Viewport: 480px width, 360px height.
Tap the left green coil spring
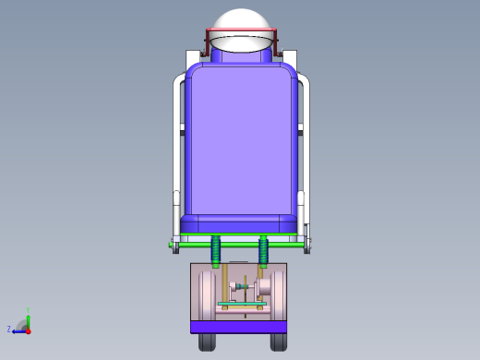217,250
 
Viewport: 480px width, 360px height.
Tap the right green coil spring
264,250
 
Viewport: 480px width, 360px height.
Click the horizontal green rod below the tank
240,245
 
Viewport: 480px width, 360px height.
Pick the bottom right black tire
278,342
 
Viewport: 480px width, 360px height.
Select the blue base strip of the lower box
239,326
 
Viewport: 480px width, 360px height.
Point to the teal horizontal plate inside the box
241,304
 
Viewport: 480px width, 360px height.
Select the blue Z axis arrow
18,330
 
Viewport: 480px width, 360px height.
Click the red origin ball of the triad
28,330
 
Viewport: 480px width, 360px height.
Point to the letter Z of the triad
9,329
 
